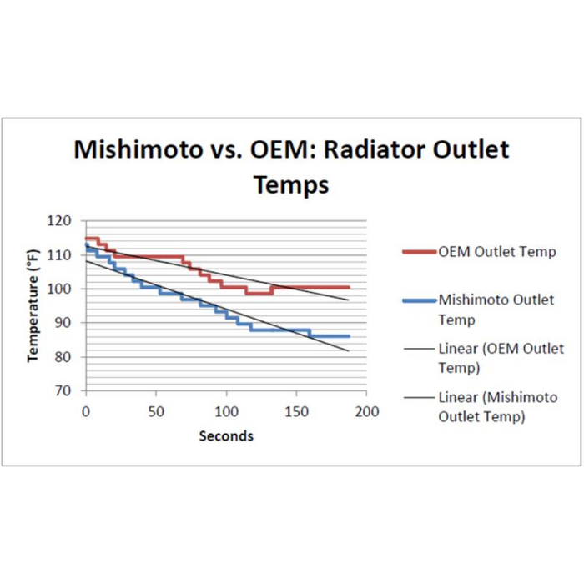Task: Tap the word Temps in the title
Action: point(291,184)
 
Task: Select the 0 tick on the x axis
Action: point(85,411)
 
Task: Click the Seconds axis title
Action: point(226,435)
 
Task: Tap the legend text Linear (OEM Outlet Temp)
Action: point(501,358)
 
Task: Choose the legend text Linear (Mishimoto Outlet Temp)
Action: point(497,406)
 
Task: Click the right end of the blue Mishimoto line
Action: point(349,335)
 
